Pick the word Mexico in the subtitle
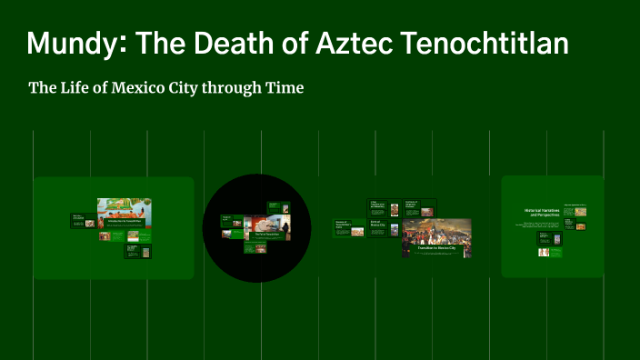(155, 88)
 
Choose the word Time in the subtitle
(283, 88)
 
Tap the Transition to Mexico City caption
(436, 248)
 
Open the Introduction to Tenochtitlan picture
(125, 212)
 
